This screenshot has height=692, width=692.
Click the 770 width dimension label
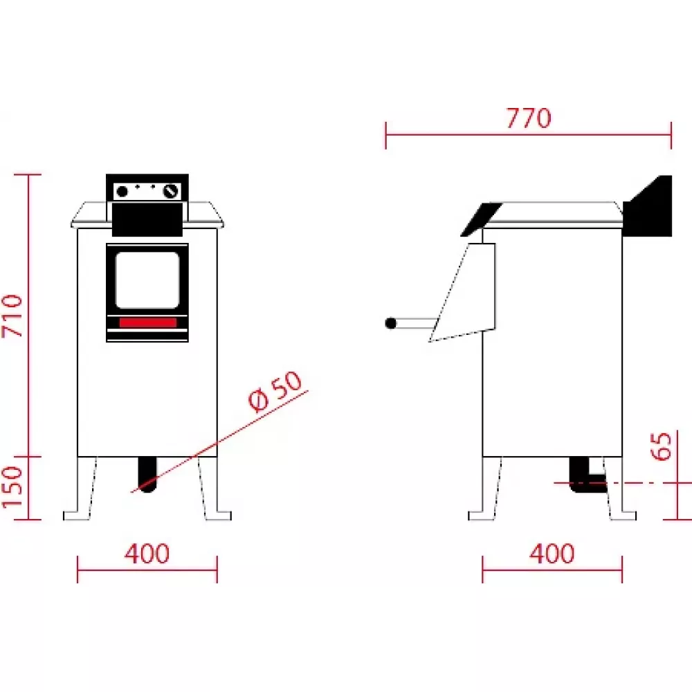coord(529,118)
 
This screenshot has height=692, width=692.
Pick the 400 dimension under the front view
coord(147,554)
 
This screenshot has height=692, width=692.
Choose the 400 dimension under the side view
coord(552,554)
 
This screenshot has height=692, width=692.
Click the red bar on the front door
coord(147,323)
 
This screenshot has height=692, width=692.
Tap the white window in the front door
coord(147,280)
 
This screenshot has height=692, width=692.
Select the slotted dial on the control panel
coord(170,191)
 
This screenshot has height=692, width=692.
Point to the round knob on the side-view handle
coord(391,322)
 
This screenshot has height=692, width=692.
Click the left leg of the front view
coord(83,489)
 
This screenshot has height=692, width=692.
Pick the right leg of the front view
coord(211,489)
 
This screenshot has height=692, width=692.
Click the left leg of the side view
coord(487,489)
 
